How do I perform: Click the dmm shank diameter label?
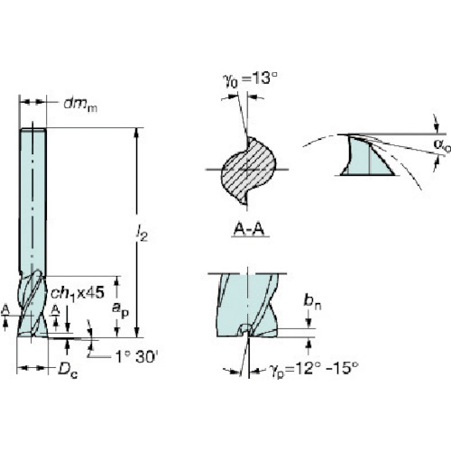pyautogui.click(x=80, y=105)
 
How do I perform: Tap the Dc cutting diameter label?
pyautogui.click(x=68, y=370)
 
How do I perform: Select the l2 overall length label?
pyautogui.click(x=142, y=233)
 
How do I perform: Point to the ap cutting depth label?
pyautogui.click(x=120, y=309)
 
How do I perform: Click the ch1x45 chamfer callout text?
pyautogui.click(x=78, y=292)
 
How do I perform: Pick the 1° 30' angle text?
pyautogui.click(x=137, y=357)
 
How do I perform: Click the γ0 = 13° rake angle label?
pyautogui.click(x=250, y=79)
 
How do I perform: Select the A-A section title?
pyautogui.click(x=249, y=230)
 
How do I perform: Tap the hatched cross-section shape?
pyautogui.click(x=248, y=170)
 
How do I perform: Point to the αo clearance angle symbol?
pyautogui.click(x=442, y=144)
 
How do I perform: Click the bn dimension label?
pyautogui.click(x=312, y=301)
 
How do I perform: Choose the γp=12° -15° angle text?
pyautogui.click(x=314, y=368)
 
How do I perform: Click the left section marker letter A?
pyautogui.click(x=5, y=309)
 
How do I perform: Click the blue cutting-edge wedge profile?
pyautogui.click(x=368, y=156)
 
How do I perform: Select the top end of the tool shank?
pyautogui.click(x=32, y=130)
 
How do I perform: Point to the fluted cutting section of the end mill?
pyautogui.click(x=32, y=304)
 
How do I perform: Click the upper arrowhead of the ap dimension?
pyautogui.click(x=117, y=281)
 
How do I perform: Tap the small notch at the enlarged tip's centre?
pyautogui.click(x=246, y=329)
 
